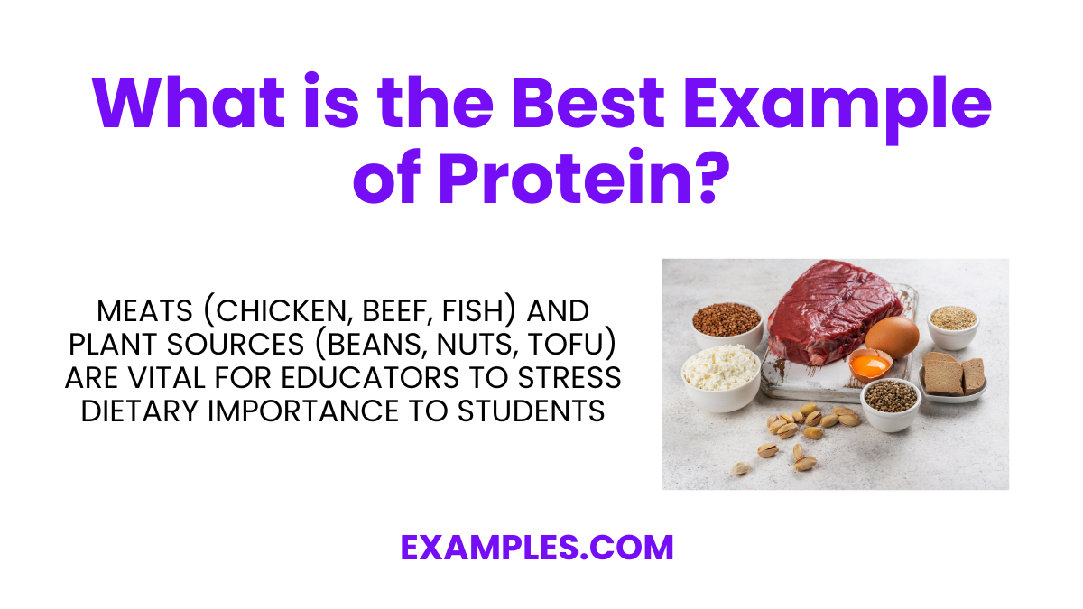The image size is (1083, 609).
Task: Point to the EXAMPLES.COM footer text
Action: [537, 548]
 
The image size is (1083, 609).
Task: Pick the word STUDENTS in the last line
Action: [530, 411]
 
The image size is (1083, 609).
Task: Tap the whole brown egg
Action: [892, 337]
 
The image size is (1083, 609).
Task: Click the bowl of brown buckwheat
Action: [727, 321]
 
